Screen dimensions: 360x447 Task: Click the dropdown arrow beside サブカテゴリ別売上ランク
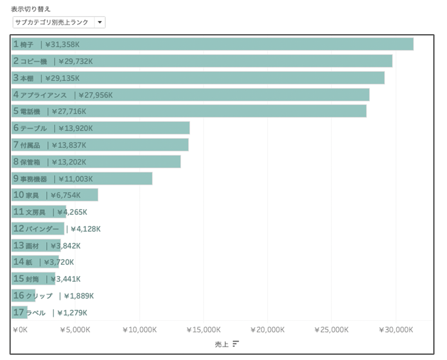tap(100, 22)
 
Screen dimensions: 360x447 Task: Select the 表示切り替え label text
tap(31, 9)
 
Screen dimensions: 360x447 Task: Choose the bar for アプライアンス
tap(238, 95)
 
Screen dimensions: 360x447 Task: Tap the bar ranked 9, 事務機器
tap(119, 178)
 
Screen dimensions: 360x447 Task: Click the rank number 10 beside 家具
tap(19, 195)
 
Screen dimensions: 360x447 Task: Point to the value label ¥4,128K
tap(86, 229)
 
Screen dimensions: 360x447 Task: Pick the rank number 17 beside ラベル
tap(19, 312)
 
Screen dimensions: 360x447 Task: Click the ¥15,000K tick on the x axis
tap(204, 330)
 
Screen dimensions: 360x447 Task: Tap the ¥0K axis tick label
tap(20, 330)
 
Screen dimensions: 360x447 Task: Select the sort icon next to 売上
tap(235, 344)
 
